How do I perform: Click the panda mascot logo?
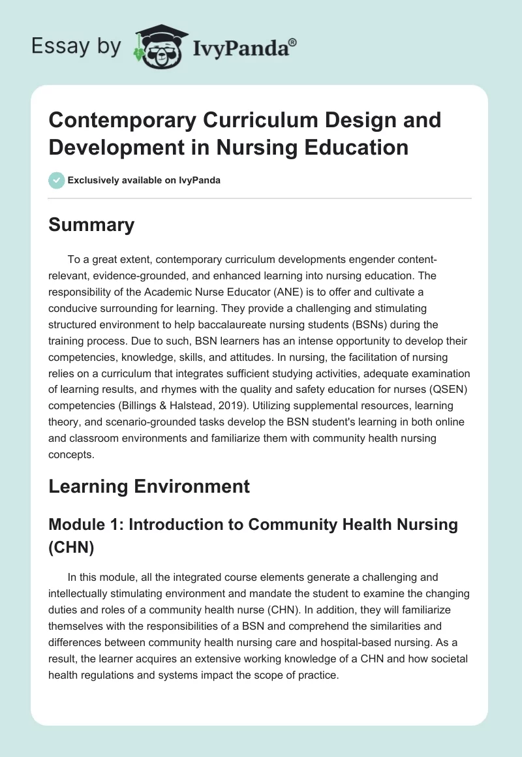(155, 47)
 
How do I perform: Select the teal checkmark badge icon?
(56, 180)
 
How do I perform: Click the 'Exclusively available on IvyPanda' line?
(144, 180)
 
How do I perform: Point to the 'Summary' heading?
(91, 225)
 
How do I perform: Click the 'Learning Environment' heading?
(149, 486)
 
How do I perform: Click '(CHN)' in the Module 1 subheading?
(72, 549)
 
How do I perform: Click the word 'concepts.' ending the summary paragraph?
(72, 456)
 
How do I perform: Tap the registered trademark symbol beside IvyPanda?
(293, 42)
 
